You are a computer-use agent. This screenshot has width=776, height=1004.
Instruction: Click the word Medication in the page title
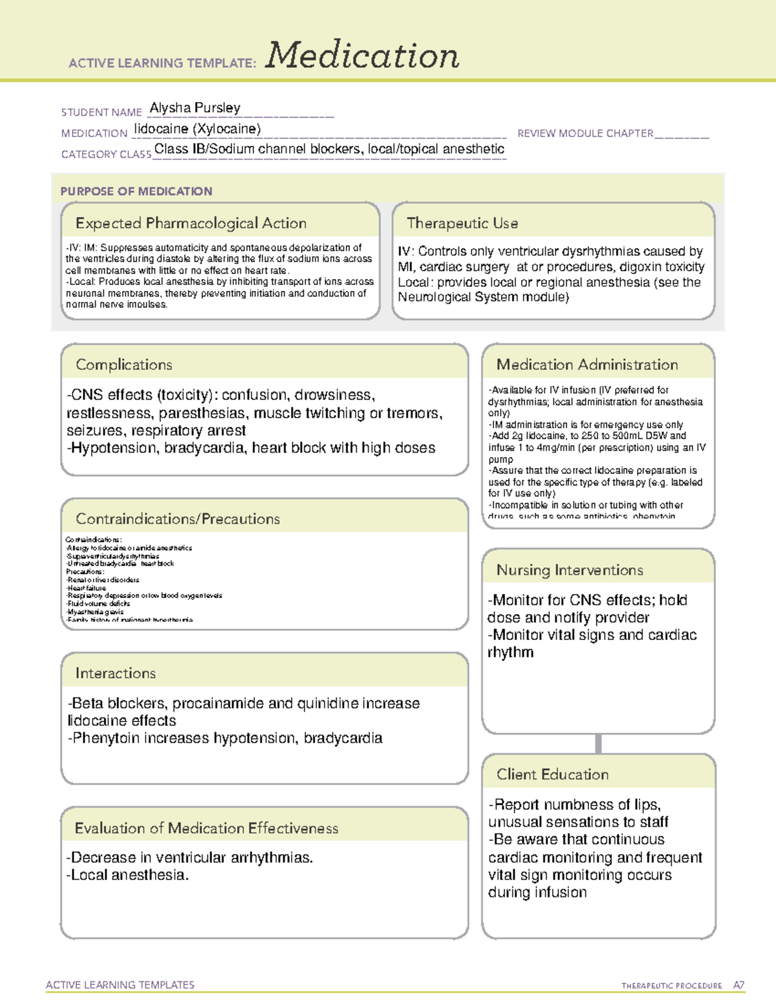362,56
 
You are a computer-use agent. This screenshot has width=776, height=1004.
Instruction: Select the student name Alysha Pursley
195,108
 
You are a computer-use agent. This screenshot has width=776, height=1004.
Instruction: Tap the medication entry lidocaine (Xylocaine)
197,129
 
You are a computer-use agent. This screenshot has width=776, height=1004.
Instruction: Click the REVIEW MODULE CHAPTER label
585,133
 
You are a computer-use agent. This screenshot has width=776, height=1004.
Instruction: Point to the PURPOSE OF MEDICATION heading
136,191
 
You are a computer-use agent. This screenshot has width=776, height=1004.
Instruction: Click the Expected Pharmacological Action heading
191,223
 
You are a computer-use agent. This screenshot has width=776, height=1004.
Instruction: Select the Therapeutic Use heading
462,223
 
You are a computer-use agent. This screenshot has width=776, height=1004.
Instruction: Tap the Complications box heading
124,365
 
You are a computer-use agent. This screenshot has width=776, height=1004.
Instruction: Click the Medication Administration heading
587,365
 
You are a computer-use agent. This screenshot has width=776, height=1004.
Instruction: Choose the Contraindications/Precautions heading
177,518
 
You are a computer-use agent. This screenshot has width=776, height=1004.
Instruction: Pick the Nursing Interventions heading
569,570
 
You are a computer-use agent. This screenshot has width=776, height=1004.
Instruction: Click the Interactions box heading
115,673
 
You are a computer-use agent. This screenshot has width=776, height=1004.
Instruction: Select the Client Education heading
552,774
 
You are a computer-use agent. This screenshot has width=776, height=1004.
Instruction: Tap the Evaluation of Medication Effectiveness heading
206,828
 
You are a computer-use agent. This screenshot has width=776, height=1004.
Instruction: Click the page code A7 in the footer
738,985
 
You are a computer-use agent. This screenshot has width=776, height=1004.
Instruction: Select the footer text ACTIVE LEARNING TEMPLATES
120,985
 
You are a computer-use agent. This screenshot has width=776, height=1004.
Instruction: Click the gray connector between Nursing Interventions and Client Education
598,743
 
